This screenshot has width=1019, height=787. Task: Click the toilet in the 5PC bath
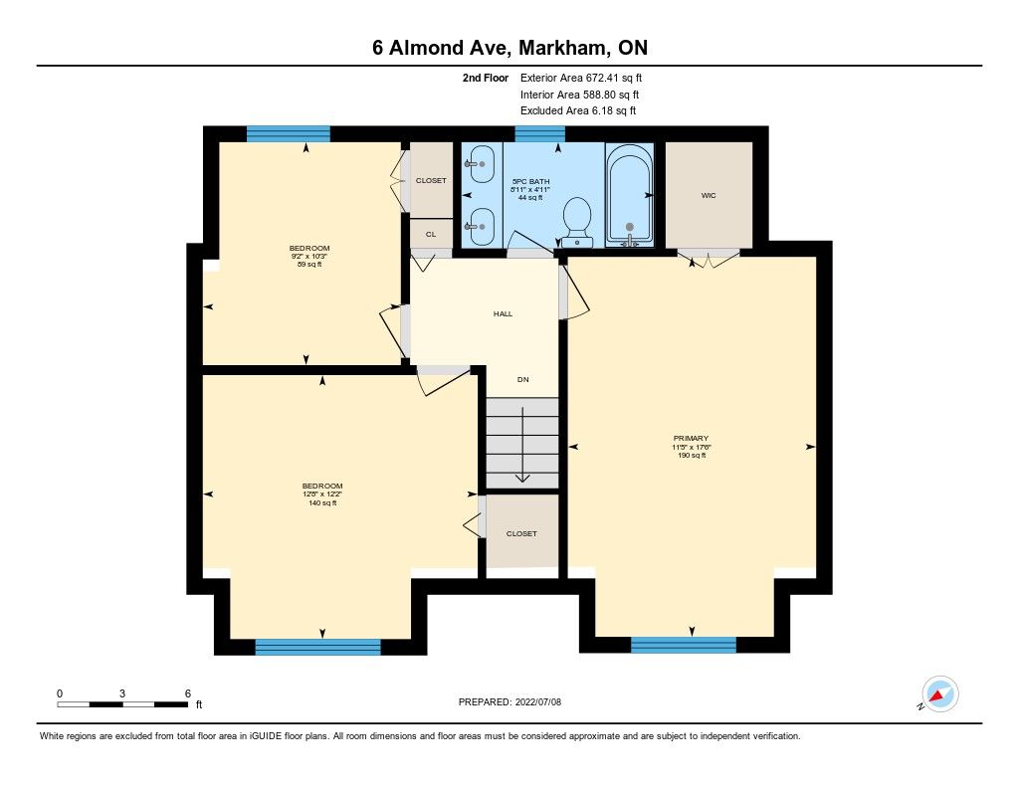pos(576,222)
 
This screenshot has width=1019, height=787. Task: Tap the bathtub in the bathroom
pos(629,195)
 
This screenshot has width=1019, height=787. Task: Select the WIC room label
pos(709,195)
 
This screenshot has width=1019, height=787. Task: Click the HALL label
pos(503,313)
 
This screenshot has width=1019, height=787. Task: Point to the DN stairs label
pos(523,379)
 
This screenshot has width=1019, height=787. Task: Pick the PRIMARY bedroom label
pos(691,439)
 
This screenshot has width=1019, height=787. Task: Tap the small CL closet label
pos(431,234)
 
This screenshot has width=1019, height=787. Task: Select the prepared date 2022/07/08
pos(538,701)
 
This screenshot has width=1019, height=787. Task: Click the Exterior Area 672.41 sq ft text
pos(581,78)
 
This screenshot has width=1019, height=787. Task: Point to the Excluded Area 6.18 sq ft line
pos(578,110)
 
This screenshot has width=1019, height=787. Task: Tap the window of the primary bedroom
pos(684,644)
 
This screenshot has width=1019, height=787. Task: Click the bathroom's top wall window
pos(540,134)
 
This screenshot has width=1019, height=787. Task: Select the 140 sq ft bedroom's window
pos(317,647)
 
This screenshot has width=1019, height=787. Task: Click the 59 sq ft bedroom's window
pos(289,134)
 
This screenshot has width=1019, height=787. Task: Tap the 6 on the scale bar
pos(188,693)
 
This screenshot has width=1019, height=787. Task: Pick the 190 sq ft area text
pos(692,456)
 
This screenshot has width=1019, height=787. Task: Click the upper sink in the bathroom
pos(482,164)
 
